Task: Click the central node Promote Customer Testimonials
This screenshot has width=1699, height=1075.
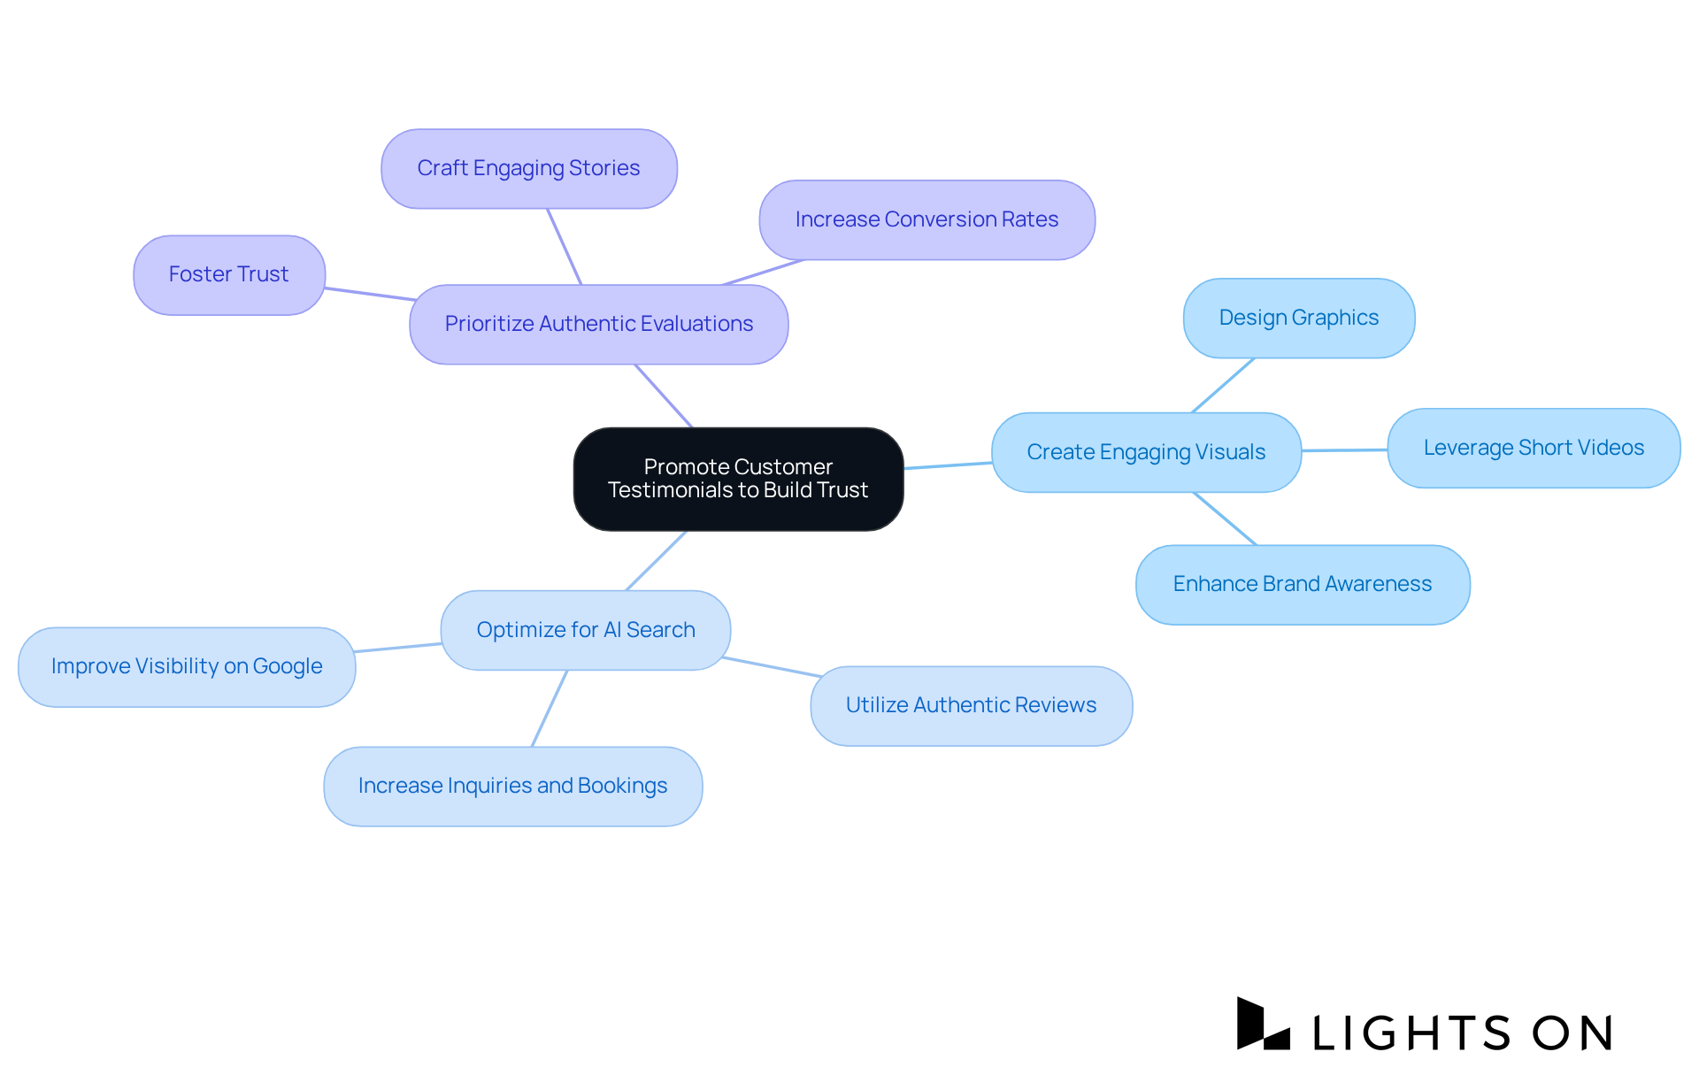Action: tap(738, 479)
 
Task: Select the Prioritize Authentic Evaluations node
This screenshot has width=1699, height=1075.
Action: tap(598, 324)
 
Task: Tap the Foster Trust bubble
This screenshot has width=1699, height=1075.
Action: tap(229, 274)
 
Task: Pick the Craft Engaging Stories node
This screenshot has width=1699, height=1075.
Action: tap(528, 168)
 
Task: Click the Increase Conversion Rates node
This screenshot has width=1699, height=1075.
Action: tap(926, 219)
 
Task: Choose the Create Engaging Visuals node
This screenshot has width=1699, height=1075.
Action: tap(1146, 452)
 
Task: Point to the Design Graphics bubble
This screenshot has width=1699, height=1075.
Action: tap(1298, 318)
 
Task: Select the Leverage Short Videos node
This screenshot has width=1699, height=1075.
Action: tap(1534, 448)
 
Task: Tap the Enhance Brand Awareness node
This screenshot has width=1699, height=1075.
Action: tap(1302, 584)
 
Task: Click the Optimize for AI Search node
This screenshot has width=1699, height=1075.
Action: tap(585, 630)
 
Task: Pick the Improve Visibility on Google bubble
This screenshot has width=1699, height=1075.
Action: tap(187, 666)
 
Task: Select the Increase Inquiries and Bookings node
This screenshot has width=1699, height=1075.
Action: tap(512, 786)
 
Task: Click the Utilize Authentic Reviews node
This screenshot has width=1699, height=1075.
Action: tap(971, 705)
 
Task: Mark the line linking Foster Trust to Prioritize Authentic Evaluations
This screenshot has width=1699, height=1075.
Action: tap(368, 294)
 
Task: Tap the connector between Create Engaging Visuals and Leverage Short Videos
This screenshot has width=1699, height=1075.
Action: tap(1344, 450)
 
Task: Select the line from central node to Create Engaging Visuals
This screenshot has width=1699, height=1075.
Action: tap(948, 465)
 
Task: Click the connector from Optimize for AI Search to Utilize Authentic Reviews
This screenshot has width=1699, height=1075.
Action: tap(773, 667)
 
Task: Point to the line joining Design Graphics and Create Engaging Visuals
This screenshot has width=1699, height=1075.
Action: tap(1223, 385)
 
